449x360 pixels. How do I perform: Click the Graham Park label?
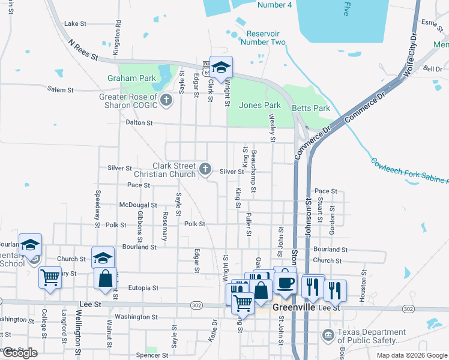(x=131, y=78)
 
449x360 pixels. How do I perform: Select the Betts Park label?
(x=311, y=109)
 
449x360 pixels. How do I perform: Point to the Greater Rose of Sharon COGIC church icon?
(x=167, y=101)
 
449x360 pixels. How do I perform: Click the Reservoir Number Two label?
(x=263, y=38)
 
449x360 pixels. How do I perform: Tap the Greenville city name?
(x=295, y=307)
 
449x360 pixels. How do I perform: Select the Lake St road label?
(x=76, y=24)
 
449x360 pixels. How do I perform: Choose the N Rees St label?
(x=83, y=49)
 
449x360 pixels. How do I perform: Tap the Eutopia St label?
(x=143, y=288)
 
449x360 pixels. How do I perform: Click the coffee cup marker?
(x=285, y=280)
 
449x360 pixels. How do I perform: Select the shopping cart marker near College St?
(x=50, y=277)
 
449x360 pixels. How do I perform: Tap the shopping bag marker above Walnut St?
(x=106, y=279)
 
